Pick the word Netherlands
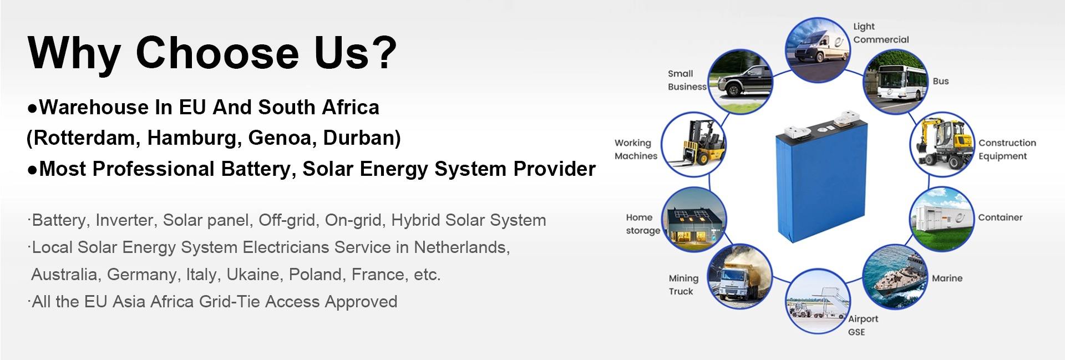[461, 247]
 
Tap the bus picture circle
[895, 82]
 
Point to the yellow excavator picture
[942, 144]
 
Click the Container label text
[1000, 217]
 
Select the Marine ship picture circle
[895, 278]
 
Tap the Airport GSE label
[863, 326]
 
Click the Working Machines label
[636, 149]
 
